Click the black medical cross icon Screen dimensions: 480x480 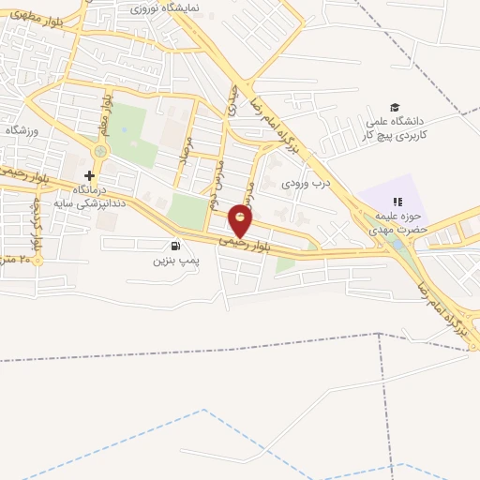[x=90, y=175]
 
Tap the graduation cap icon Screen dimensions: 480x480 [x=395, y=107]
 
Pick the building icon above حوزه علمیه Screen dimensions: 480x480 [x=397, y=202]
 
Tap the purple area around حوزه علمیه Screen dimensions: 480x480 [x=380, y=192]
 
